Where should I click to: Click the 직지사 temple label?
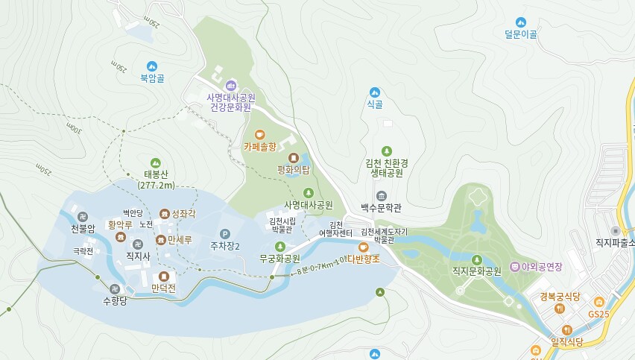(x=138, y=256)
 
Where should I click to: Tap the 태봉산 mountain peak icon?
(x=156, y=163)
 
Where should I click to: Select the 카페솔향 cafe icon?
(x=259, y=135)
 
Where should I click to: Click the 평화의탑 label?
(x=293, y=170)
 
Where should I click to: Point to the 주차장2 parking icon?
(x=224, y=233)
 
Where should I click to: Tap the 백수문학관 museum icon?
(x=382, y=195)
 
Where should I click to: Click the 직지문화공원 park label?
(x=477, y=272)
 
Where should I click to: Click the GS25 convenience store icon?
(x=598, y=302)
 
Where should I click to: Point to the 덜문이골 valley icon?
(x=520, y=22)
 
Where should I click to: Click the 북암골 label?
(x=152, y=78)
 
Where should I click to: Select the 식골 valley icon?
(x=374, y=92)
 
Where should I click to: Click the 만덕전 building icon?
(x=163, y=276)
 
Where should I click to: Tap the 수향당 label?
(x=116, y=300)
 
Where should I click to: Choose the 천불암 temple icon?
(x=83, y=216)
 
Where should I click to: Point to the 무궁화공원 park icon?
(x=280, y=247)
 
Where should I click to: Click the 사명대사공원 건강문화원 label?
(x=231, y=102)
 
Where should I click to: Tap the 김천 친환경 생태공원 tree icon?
(x=386, y=151)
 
